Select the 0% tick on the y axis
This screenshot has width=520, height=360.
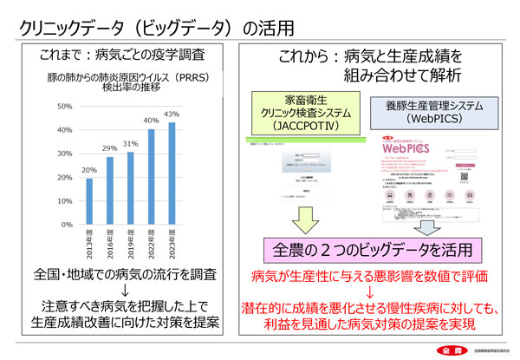point(68,225)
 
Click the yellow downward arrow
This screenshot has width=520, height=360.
point(307,219)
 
